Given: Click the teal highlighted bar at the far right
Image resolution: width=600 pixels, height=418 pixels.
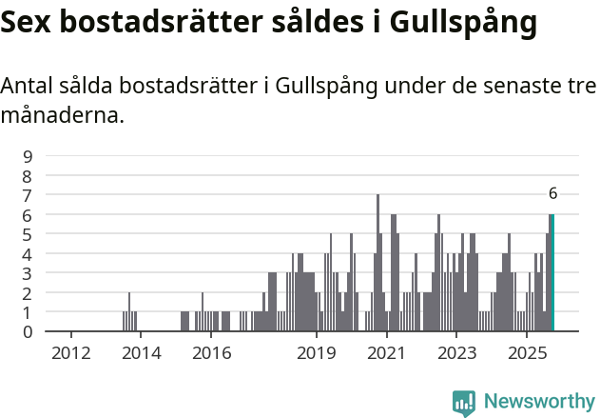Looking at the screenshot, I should (552, 273).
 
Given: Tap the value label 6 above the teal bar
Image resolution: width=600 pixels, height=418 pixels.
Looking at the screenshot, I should (552, 193).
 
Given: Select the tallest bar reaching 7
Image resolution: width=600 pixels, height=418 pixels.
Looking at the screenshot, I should (377, 263).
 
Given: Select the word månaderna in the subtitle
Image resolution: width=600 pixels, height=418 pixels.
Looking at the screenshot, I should (63, 117).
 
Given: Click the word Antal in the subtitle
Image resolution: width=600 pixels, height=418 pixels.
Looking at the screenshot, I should (27, 86).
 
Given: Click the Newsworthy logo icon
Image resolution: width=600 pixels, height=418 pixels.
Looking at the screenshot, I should (464, 403).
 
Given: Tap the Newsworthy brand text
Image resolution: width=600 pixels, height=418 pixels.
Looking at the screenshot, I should (539, 402).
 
